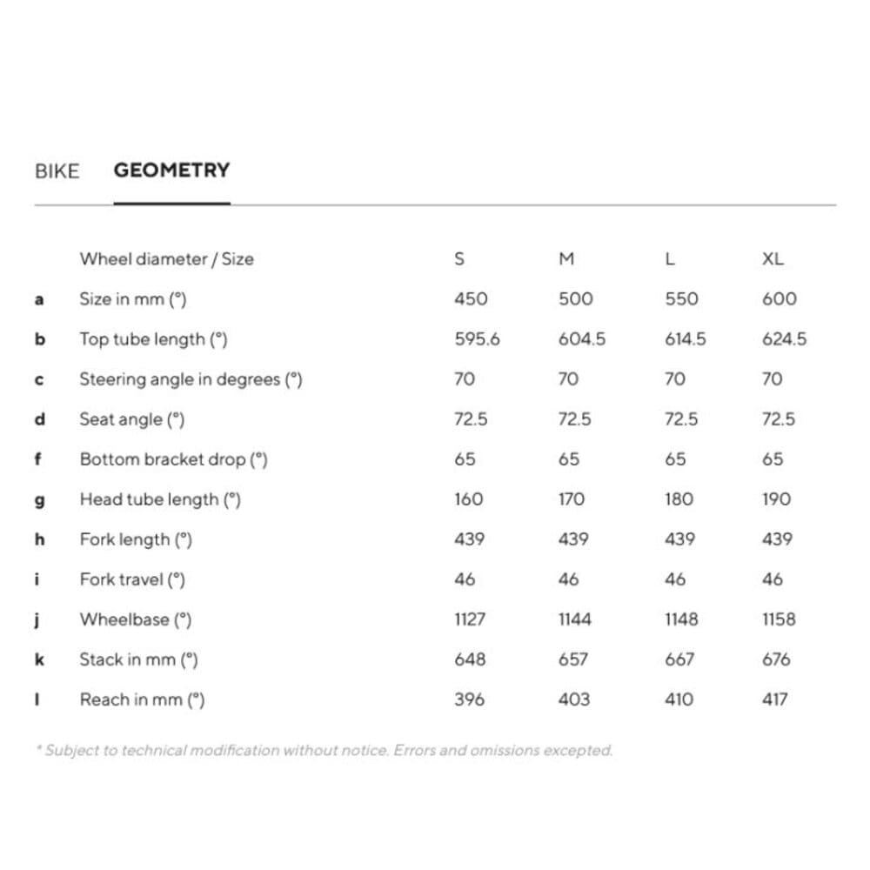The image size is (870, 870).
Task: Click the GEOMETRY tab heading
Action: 171,170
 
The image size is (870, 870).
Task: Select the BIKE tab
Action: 57,171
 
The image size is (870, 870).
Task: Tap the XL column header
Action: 772,258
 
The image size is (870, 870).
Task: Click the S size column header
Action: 459,258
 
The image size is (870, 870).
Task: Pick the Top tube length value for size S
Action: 477,338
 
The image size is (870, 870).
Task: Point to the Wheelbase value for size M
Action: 574,619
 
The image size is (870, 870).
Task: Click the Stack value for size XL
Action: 775,659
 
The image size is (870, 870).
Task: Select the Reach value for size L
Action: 679,699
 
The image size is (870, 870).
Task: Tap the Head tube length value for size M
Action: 572,499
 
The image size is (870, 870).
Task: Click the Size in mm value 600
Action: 779,298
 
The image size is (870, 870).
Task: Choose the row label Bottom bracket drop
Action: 173,459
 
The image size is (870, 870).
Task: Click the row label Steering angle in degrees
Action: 191,379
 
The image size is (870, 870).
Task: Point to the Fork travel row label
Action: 132,579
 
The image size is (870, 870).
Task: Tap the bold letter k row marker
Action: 39,659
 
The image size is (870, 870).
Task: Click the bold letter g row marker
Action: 39,500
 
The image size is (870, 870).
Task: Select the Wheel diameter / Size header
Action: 166,258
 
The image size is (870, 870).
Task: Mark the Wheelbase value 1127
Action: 470,619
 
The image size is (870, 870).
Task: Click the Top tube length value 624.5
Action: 784,338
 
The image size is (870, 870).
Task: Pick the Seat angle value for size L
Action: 680,419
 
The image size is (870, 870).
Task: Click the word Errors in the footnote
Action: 414,750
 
